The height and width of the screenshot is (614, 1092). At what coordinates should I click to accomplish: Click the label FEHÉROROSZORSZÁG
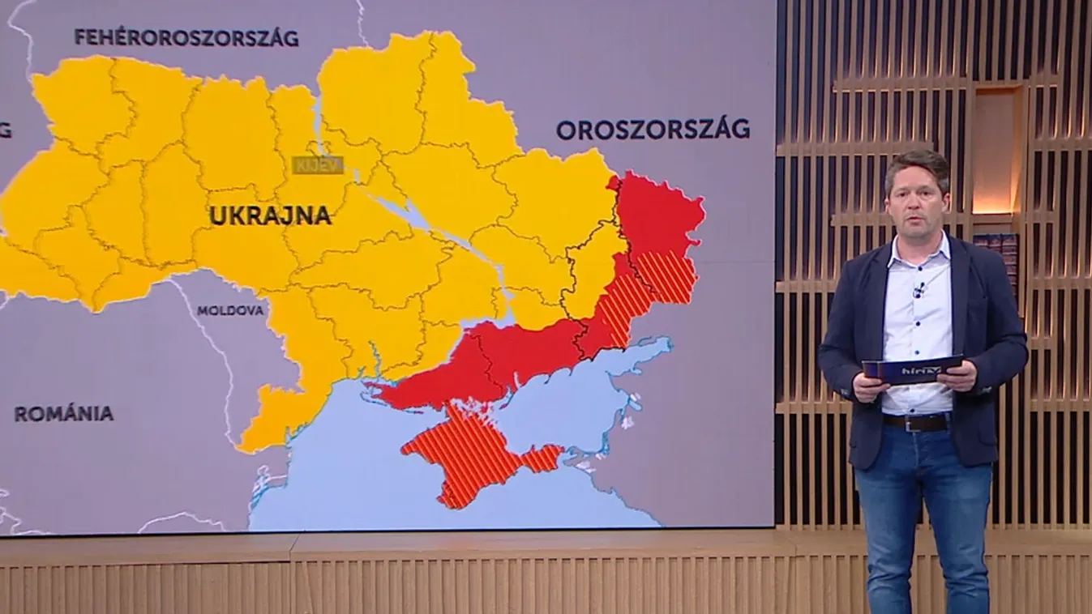(x=186, y=37)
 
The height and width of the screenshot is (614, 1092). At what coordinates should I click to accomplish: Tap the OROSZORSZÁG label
(x=653, y=130)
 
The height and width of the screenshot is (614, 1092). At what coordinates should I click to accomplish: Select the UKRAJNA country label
(x=270, y=215)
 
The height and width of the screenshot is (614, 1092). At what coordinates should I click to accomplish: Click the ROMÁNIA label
(x=64, y=414)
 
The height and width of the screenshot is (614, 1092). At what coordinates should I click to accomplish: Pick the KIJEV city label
(x=318, y=164)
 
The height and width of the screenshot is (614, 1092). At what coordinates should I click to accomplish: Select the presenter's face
(x=916, y=200)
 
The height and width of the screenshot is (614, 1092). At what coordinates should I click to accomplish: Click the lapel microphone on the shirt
(x=918, y=290)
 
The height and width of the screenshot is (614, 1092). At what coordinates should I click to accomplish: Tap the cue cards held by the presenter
(x=912, y=369)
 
